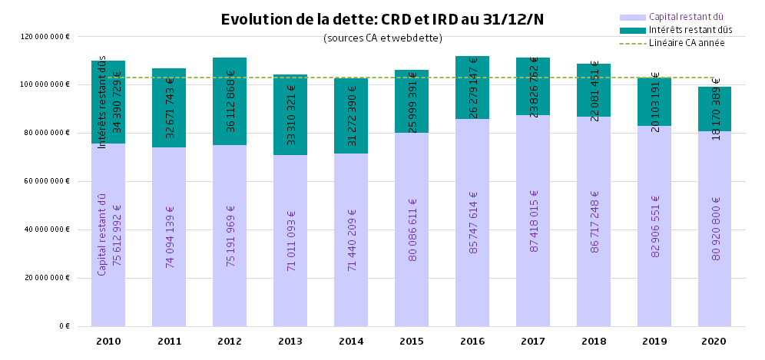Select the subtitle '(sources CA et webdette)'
pyautogui.click(x=382, y=38)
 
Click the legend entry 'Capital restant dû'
pyautogui.click(x=686, y=16)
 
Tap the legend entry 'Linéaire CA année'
pyautogui.click(x=687, y=43)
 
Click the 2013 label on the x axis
pyautogui.click(x=290, y=341)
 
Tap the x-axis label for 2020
pyautogui.click(x=714, y=341)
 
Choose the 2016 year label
pyautogui.click(x=472, y=341)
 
